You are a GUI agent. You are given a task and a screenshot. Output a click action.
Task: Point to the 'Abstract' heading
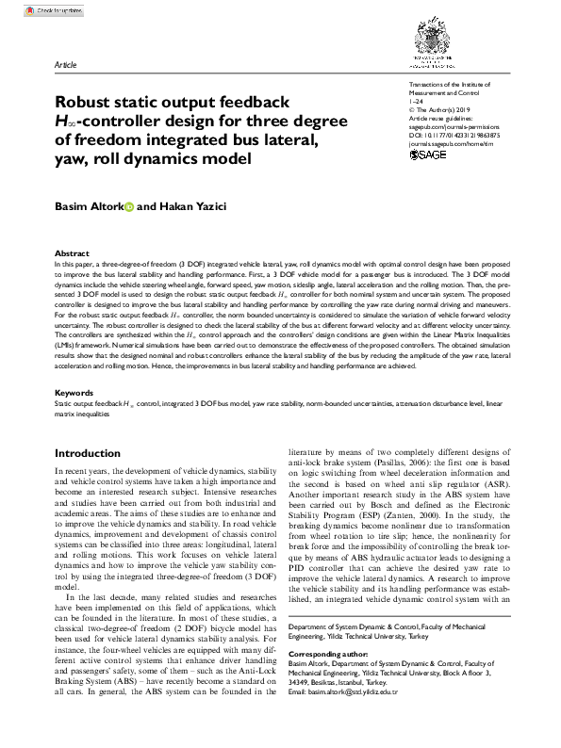click(x=73, y=254)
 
